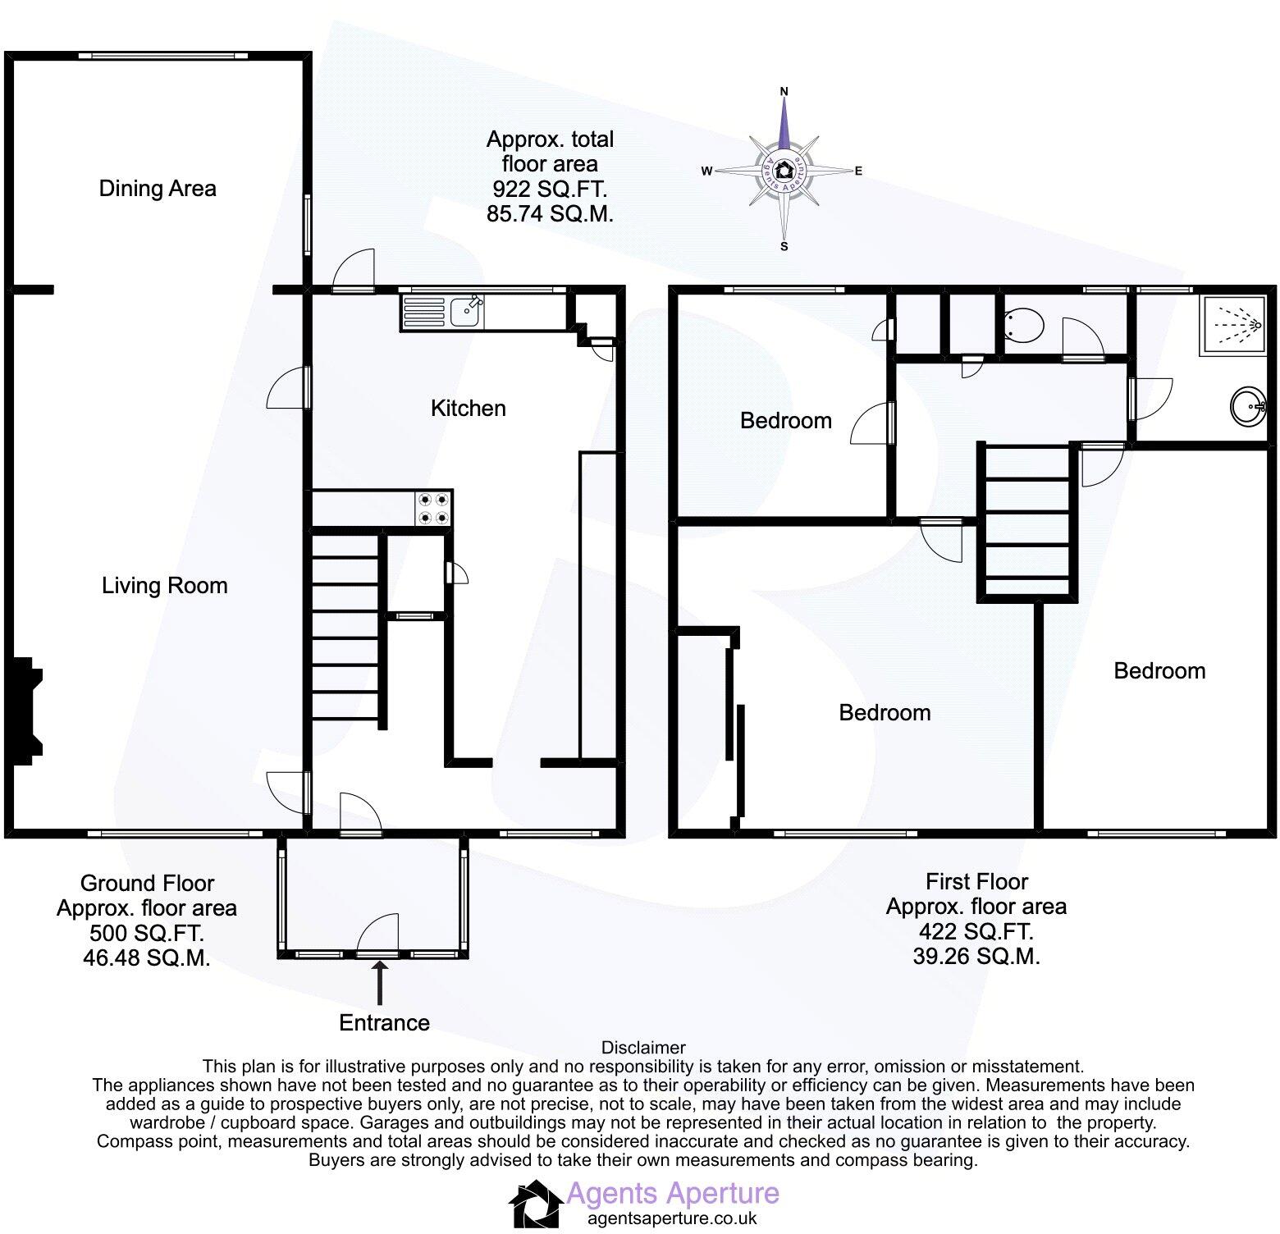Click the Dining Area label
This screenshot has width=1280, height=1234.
[x=158, y=189]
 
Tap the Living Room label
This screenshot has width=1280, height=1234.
[x=164, y=586]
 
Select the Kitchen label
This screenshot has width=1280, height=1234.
[x=468, y=409]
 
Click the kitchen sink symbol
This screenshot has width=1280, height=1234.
[x=443, y=312]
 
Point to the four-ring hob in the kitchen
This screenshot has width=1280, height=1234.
[x=433, y=508]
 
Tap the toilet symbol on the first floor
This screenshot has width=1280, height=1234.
[x=1024, y=326]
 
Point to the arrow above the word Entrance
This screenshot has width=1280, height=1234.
[x=380, y=982]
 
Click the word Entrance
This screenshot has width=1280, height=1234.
[x=384, y=1023]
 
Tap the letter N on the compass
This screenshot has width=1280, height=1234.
[x=784, y=91]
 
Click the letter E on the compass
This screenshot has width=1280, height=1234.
[x=858, y=171]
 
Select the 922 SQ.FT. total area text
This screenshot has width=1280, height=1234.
[x=550, y=190]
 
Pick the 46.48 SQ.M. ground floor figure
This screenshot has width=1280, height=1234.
[x=147, y=957]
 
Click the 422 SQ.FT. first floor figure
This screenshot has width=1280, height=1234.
[x=976, y=931]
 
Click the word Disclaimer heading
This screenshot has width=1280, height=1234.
[x=643, y=1048]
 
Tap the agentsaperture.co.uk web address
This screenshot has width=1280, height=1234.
[x=672, y=1219]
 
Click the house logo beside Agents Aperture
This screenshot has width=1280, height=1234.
[x=536, y=1204]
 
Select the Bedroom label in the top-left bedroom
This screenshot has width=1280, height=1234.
[x=785, y=421]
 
